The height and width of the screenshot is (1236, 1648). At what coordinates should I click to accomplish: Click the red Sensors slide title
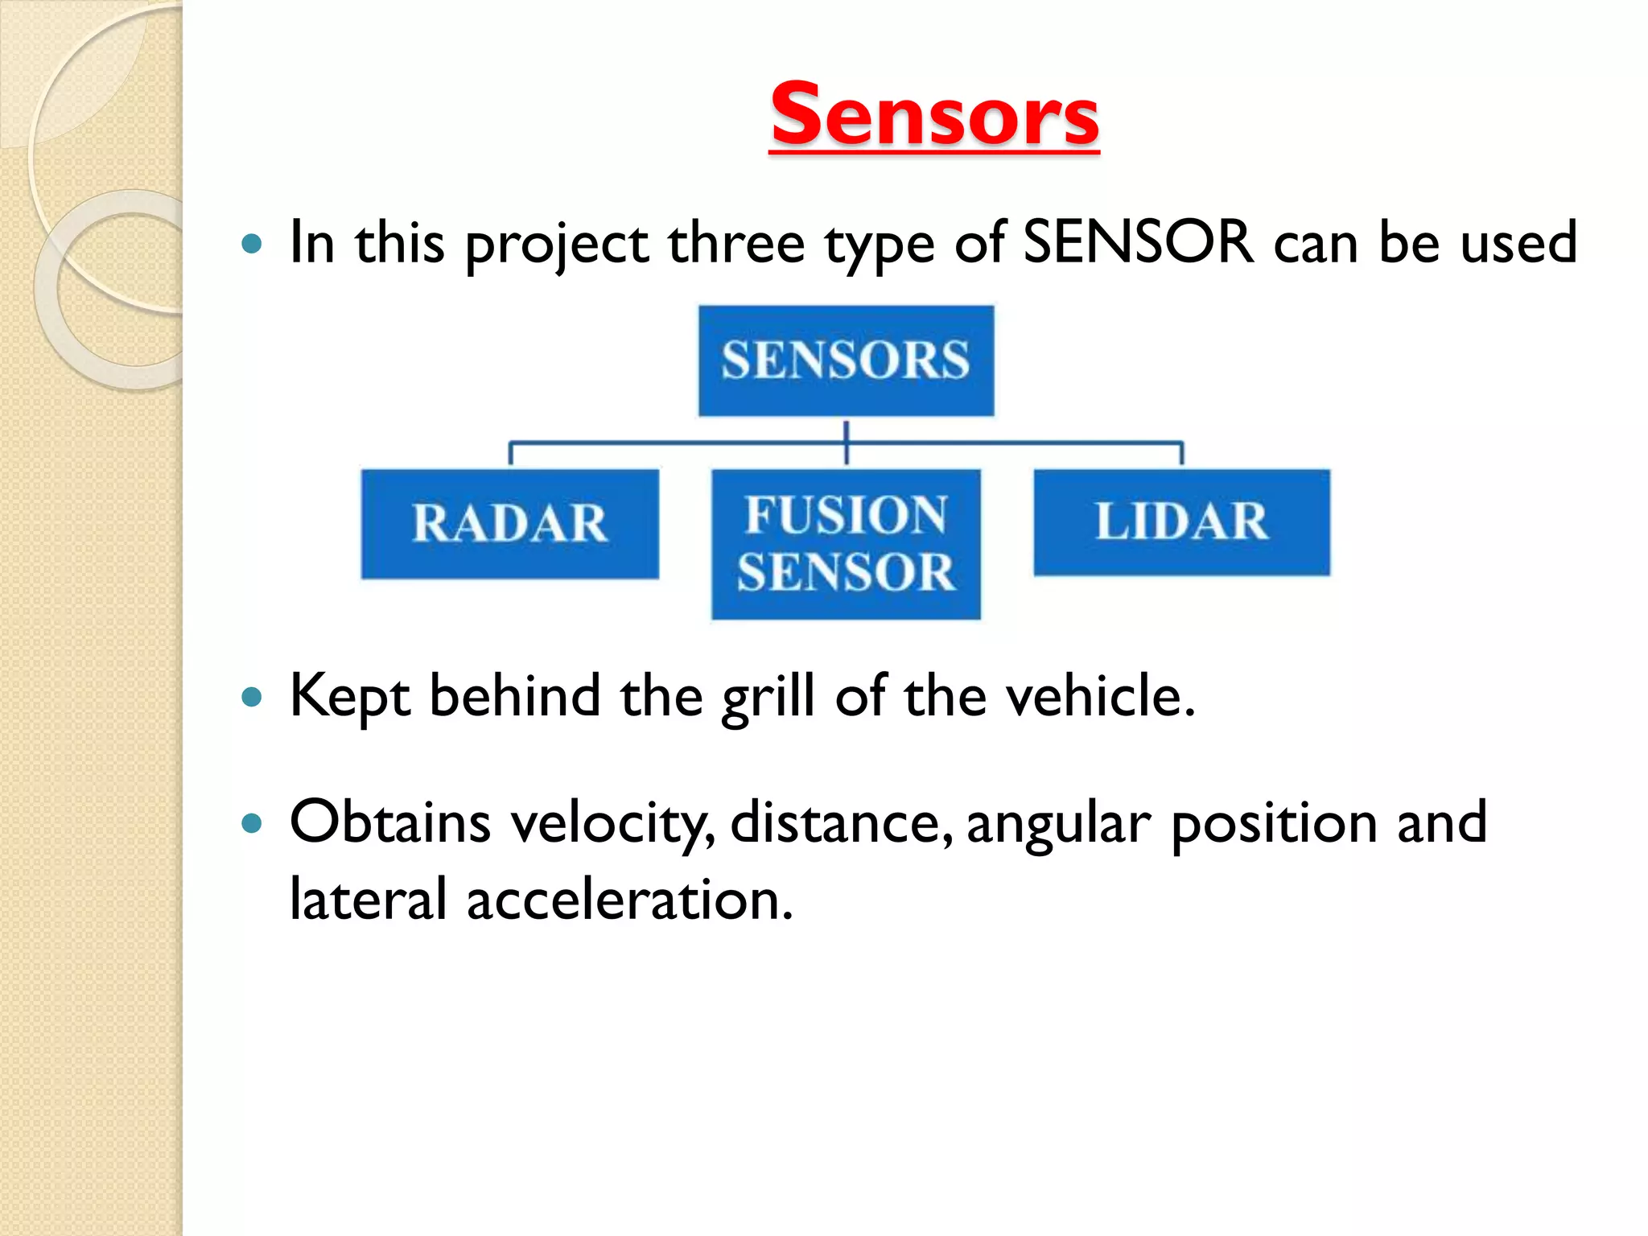pos(934,116)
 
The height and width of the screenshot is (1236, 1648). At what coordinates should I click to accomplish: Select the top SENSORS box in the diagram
pos(846,360)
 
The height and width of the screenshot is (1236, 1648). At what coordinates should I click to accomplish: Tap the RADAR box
pos(509,524)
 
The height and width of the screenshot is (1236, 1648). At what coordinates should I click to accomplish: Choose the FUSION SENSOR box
pos(846,544)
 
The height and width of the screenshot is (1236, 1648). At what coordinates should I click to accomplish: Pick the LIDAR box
pos(1181,522)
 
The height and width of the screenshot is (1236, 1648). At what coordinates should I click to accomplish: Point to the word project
pos(557,245)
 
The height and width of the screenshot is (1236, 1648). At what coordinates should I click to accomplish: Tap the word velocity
pos(612,824)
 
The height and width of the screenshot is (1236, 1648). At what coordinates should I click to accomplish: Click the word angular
pos(1058,826)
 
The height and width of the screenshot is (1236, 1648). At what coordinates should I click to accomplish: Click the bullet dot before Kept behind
pos(253,697)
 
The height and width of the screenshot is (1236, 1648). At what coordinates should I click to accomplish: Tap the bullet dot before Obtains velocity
pos(253,823)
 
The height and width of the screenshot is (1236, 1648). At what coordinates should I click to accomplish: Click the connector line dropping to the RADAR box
pos(510,453)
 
